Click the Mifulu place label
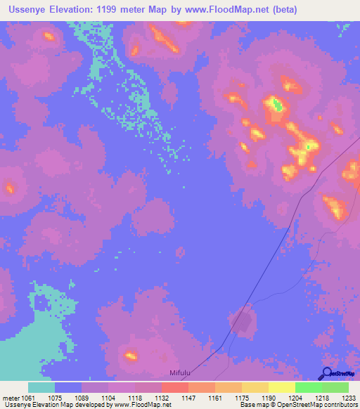point(180,374)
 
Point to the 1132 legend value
point(161,398)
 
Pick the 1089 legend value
point(82,398)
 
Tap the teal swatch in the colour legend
point(41,387)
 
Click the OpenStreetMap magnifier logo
point(326,374)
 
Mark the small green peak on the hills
point(277,106)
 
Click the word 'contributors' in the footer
point(340,405)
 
